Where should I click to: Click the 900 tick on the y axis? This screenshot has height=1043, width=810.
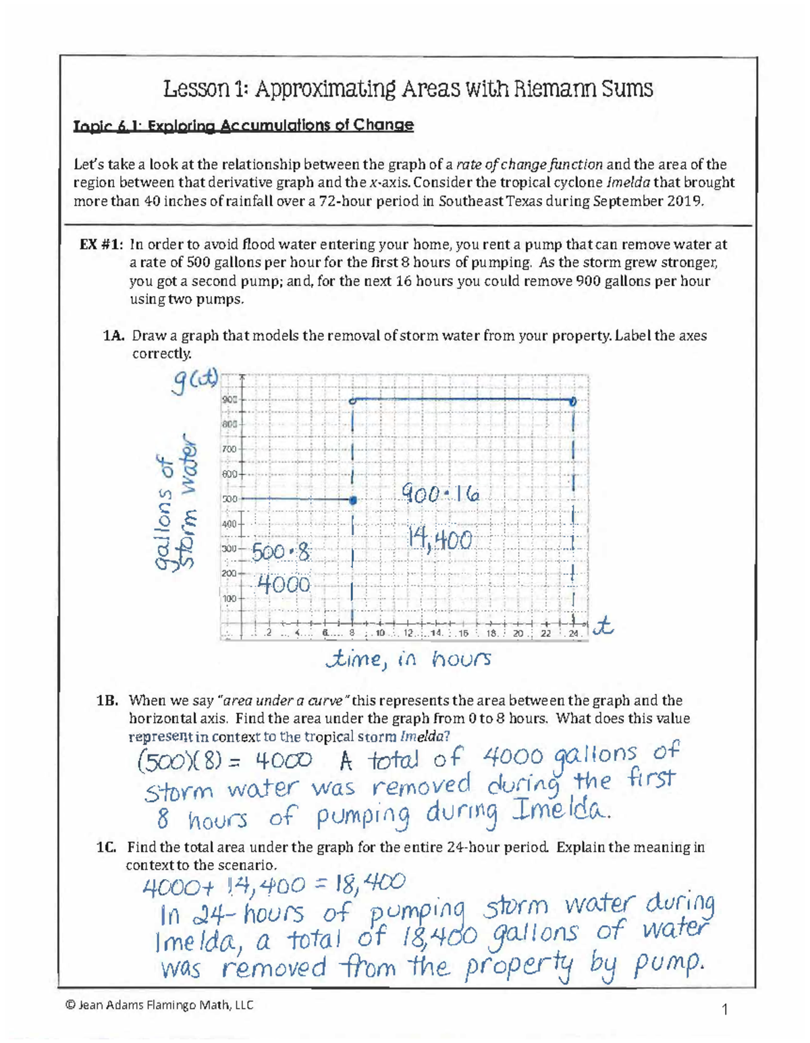[230, 399]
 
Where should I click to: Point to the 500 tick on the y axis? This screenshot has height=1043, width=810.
[230, 499]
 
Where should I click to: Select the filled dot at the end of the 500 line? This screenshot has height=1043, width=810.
[352, 501]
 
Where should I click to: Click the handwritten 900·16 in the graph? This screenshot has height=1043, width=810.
[439, 496]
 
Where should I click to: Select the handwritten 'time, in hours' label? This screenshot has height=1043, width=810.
[408, 658]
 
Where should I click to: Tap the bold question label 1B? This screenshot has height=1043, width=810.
[108, 700]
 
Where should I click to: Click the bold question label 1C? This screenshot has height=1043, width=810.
[107, 847]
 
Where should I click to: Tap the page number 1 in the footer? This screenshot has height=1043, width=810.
[725, 1010]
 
